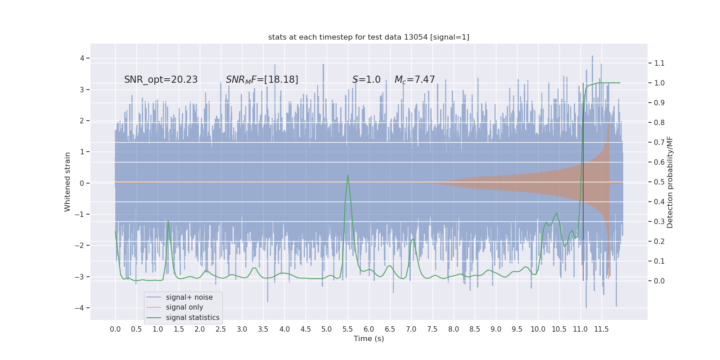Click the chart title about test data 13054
coord(369,37)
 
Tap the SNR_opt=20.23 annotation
coord(161,80)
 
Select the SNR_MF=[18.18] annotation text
coord(262,80)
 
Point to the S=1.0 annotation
coord(366,80)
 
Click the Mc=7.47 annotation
coord(414,80)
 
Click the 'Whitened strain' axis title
coord(67,182)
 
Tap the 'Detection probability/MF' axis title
coord(670,182)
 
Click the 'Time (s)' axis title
coord(369,338)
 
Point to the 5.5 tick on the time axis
coord(347,329)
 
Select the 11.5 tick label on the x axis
coord(601,329)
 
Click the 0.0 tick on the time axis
coord(115,329)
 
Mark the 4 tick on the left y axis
coord(82,58)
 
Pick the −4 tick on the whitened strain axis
coord(80,308)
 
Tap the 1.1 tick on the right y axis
coord(659,63)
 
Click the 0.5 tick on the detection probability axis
coord(659,182)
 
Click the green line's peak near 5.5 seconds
coord(348,175)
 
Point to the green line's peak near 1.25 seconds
coord(168,221)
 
